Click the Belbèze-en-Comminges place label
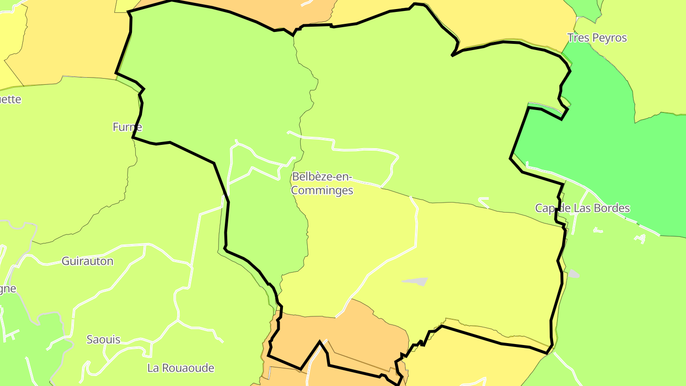click(322, 183)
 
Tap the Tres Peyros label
click(597, 38)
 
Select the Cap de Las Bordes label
click(582, 208)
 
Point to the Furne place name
click(127, 127)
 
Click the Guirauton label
click(87, 261)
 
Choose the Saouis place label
click(103, 340)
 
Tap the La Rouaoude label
click(181, 368)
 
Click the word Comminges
click(322, 191)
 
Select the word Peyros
click(610, 38)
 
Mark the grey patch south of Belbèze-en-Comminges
click(415, 282)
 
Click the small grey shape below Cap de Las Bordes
click(574, 274)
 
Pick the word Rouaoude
click(188, 368)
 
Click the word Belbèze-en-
click(322, 177)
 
